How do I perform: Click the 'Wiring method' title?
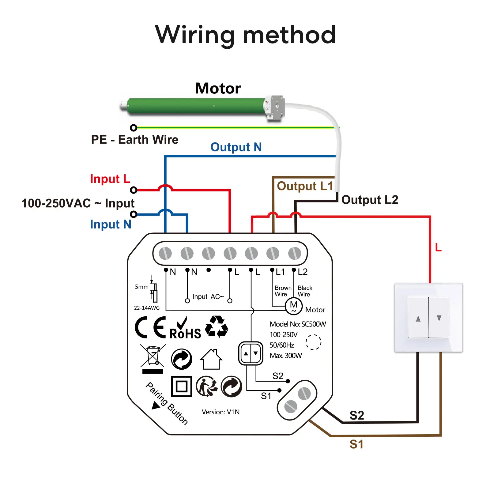tap(245, 35)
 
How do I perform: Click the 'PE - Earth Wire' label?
tap(134, 140)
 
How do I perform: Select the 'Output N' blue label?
tap(236, 147)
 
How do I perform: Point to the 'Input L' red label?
tap(110, 179)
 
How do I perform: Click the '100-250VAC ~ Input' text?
tap(78, 203)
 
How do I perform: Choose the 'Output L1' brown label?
tap(305, 186)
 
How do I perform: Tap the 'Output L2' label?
tap(370, 200)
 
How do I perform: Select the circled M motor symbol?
tap(293, 306)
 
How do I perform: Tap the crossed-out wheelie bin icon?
tap(153, 357)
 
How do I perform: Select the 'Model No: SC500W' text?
tap(298, 324)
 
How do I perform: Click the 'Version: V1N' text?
tap(221, 412)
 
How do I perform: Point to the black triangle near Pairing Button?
tap(156, 406)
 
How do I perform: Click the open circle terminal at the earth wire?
tap(133, 128)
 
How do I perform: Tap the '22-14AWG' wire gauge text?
tap(147, 308)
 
